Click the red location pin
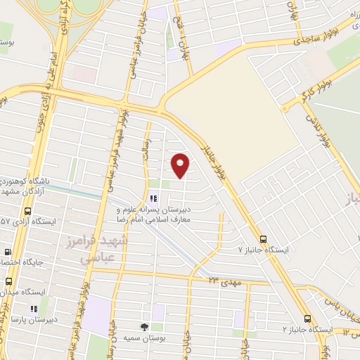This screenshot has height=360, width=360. (181, 165)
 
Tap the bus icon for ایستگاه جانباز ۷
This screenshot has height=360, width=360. (264, 239)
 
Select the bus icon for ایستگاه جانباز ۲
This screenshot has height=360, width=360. (307, 319)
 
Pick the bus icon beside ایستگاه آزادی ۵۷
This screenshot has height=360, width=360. (27, 211)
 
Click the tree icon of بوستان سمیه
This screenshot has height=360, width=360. (144, 327)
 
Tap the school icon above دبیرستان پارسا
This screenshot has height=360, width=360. (32, 308)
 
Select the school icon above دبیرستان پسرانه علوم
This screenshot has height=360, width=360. (153, 198)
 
